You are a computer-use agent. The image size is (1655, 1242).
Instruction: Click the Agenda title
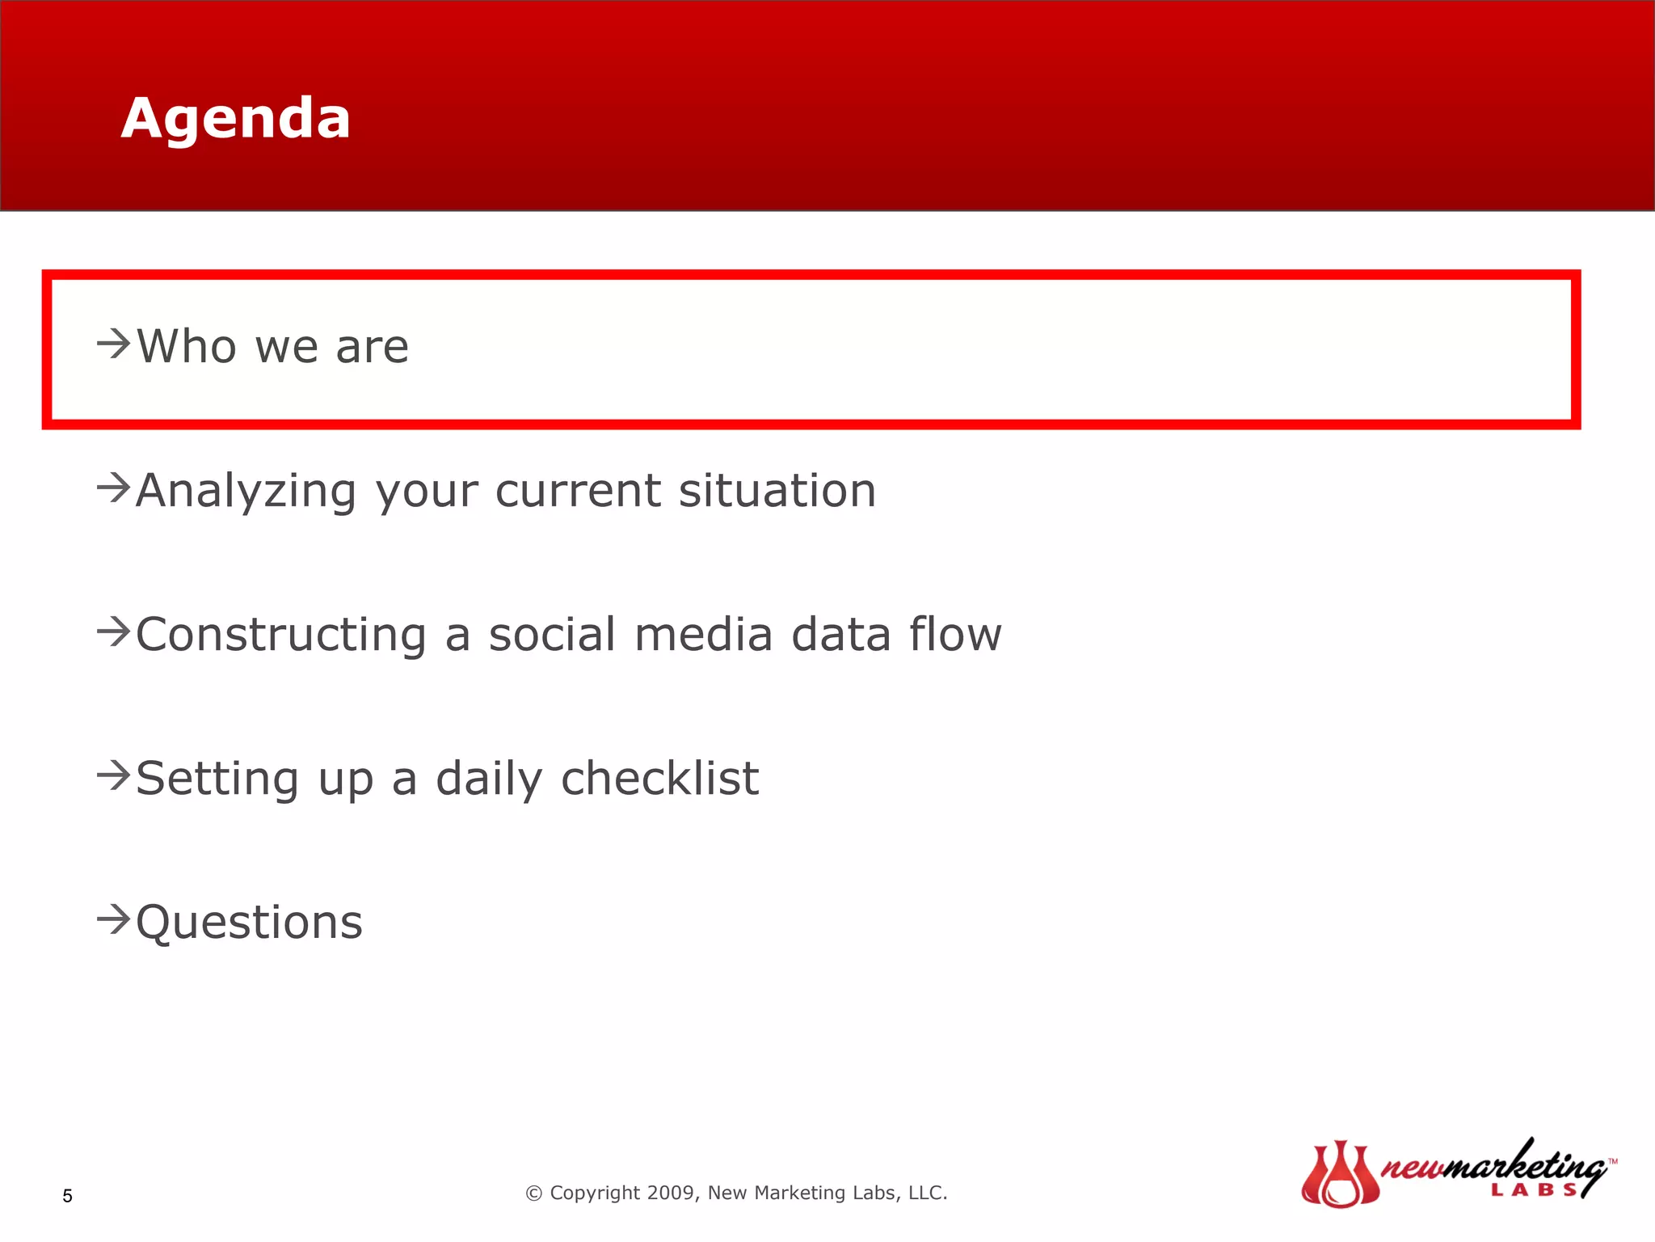235,118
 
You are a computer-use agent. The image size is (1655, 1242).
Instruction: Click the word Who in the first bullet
187,347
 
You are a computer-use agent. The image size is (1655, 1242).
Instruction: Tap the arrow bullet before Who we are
114,344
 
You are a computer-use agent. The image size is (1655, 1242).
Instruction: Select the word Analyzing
246,491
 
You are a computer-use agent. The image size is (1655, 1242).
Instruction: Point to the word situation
777,491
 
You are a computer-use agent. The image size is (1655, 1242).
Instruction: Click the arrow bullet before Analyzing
114,488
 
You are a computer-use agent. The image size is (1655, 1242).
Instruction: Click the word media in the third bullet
704,635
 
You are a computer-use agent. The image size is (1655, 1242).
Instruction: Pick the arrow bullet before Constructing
114,632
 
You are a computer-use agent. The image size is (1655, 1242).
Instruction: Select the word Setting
217,779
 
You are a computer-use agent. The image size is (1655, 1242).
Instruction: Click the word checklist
659,779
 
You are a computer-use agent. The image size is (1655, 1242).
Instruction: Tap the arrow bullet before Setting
114,775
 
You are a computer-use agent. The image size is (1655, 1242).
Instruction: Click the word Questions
249,923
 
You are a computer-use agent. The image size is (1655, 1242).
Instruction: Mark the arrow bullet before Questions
114,919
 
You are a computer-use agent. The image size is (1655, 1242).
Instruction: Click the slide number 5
68,1196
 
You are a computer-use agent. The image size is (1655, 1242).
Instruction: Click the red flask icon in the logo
1340,1175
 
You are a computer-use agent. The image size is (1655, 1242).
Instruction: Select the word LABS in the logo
1533,1189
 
